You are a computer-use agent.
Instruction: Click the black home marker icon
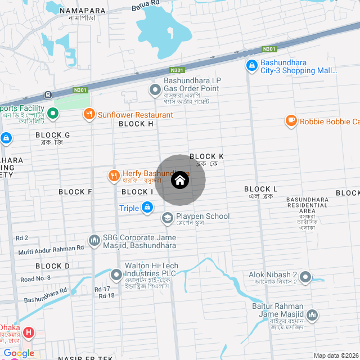[x=180, y=180]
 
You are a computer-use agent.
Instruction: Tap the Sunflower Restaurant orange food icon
[x=89, y=115]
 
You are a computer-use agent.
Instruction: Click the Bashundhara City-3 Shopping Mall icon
[x=251, y=66]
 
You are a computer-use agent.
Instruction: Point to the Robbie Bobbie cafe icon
[x=291, y=121]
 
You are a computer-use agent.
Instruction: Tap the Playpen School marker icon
[x=167, y=217]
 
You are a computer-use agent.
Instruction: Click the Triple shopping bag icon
[x=147, y=208]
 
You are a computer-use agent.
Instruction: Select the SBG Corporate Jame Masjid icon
[x=94, y=240]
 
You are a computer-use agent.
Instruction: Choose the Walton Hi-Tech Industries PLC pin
[x=116, y=275]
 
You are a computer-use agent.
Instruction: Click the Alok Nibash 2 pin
[x=305, y=277]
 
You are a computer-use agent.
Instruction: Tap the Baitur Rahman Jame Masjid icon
[x=312, y=314]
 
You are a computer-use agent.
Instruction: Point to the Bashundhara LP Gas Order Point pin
[x=155, y=89]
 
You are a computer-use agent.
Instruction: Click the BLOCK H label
[x=136, y=124]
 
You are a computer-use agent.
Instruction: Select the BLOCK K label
[x=206, y=156]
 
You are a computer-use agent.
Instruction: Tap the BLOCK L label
[x=260, y=189]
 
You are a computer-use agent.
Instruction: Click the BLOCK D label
[x=52, y=266]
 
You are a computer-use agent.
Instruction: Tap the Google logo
[x=19, y=353]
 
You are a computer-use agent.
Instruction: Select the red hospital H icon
[x=28, y=332]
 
